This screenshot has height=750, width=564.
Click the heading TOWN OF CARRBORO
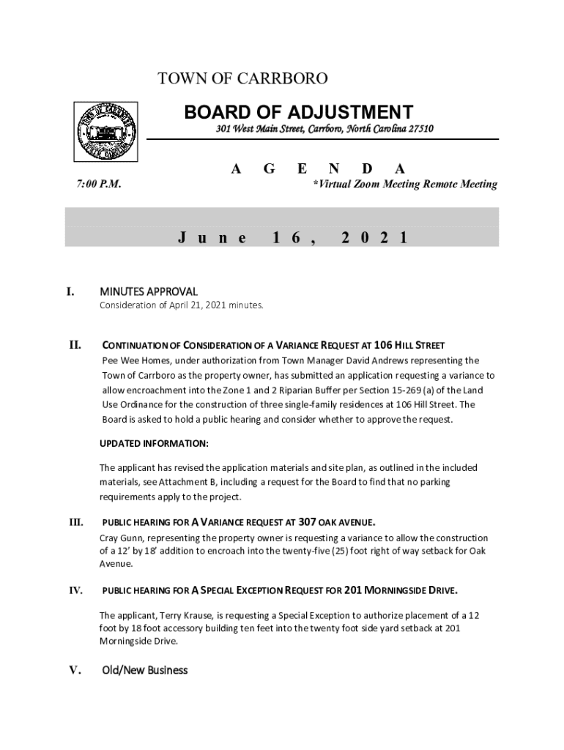point(242,78)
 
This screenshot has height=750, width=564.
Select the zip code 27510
point(418,130)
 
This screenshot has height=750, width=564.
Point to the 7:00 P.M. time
point(99,185)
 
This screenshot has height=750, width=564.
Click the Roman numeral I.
point(70,292)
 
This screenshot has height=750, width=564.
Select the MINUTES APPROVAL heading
point(149,292)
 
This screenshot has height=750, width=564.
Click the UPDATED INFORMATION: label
point(154,444)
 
